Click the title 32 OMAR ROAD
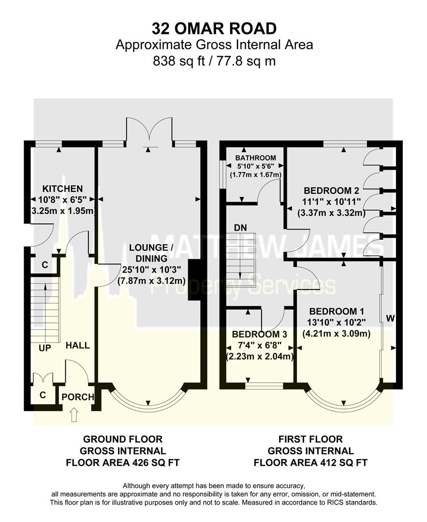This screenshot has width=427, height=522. coord(214,28)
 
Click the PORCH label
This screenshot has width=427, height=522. coord(77,397)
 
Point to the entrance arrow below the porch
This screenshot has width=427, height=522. coord(74,415)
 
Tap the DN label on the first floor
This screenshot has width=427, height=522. coord(240,227)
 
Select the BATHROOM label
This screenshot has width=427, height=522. coord(256,158)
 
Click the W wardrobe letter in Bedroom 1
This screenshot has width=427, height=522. coord(391,319)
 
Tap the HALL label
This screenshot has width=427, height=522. coord(77,346)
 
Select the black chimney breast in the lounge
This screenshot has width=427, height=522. coord(194,280)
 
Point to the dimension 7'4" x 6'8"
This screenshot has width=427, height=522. coord(260,346)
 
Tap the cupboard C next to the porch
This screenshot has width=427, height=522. coord(43,395)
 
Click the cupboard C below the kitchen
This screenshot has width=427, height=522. coord(44,265)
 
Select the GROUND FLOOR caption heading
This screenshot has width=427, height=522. coord(123,439)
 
